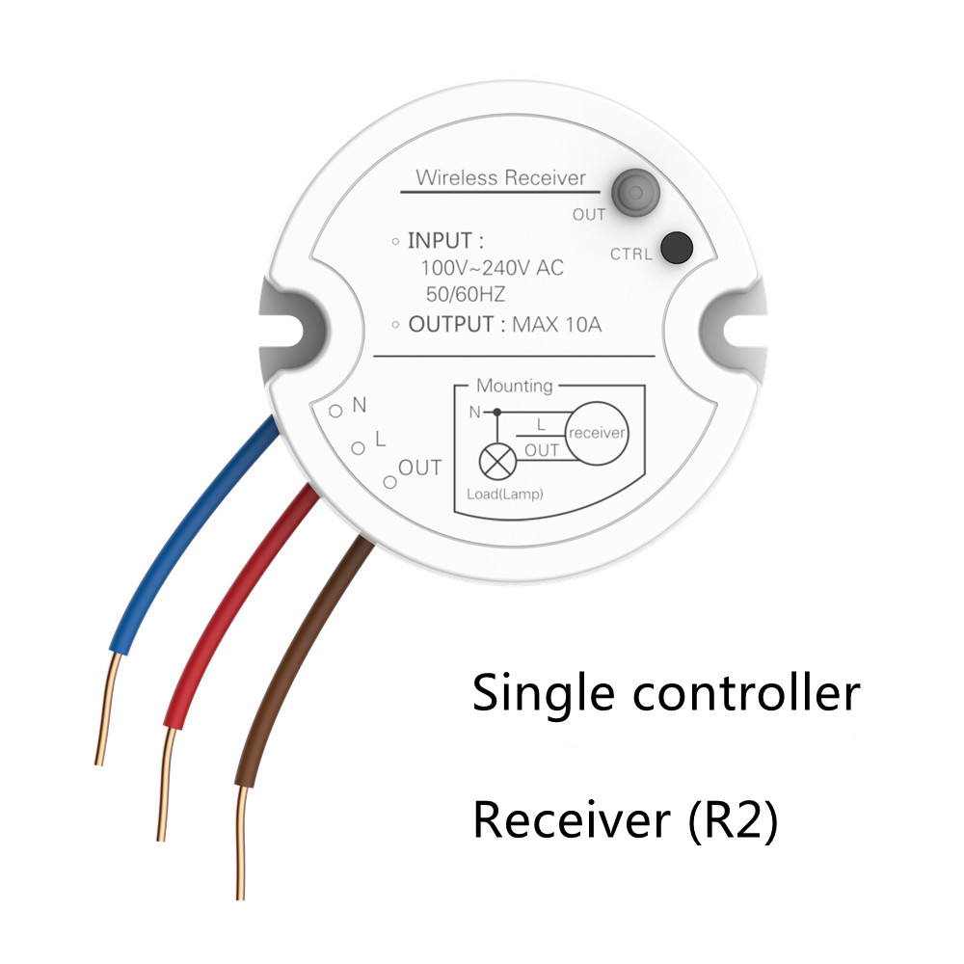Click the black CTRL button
[679, 248]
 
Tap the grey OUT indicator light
[632, 192]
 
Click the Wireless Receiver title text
[499, 178]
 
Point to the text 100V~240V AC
[492, 268]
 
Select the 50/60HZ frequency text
[466, 294]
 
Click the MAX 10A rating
[556, 324]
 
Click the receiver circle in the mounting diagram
[597, 434]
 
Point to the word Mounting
[515, 386]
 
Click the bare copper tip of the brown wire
[241, 848]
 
